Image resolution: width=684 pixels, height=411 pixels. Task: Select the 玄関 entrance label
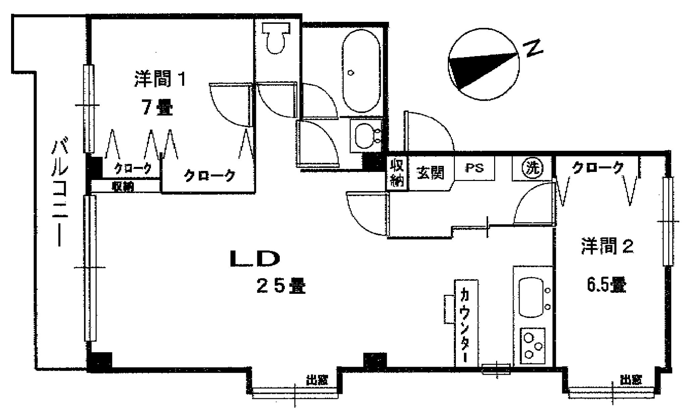tap(430, 173)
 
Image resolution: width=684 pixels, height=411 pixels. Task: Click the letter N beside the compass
tap(533, 49)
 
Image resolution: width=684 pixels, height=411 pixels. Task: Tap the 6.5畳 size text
tap(606, 286)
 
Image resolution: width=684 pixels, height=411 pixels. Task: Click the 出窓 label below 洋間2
tap(631, 380)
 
